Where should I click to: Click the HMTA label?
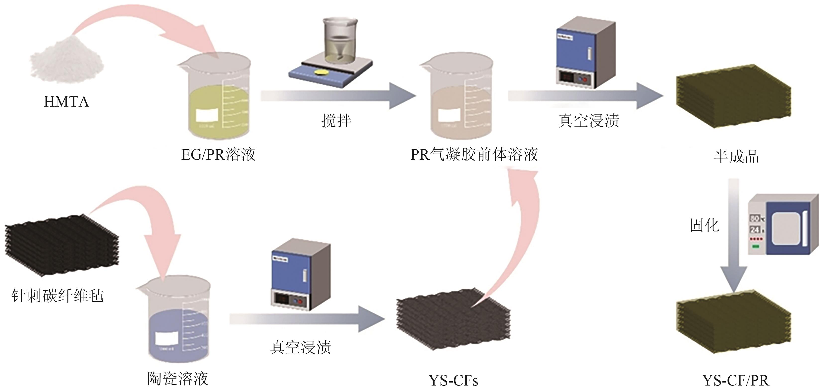(66, 102)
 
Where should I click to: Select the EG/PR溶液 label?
(218, 155)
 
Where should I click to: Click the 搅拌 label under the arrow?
(336, 121)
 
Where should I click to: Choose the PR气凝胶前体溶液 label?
(474, 155)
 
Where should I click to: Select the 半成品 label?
(736, 157)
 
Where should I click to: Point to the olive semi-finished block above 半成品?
(734, 96)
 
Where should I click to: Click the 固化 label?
(704, 225)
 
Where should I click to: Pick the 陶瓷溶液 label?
(178, 379)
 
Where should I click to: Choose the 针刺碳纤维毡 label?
(57, 296)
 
